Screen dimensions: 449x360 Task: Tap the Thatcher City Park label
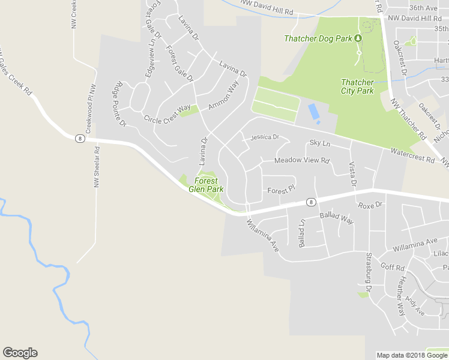point(357,86)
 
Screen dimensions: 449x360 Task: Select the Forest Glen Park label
point(206,184)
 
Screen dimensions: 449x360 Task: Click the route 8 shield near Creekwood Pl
point(79,139)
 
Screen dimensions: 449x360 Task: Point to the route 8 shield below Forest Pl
point(310,202)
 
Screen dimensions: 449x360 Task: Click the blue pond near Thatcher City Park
point(313,112)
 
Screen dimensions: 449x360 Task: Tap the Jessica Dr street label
point(265,137)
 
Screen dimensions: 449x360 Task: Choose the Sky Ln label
point(320,143)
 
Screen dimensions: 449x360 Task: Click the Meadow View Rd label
point(302,161)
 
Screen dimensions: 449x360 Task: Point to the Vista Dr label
point(352,174)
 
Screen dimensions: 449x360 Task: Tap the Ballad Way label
point(336,217)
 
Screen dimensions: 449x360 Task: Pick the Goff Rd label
point(393,267)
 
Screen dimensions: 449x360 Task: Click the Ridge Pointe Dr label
point(119,104)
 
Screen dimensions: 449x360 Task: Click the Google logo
point(20,353)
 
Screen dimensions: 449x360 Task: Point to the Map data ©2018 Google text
point(412,355)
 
